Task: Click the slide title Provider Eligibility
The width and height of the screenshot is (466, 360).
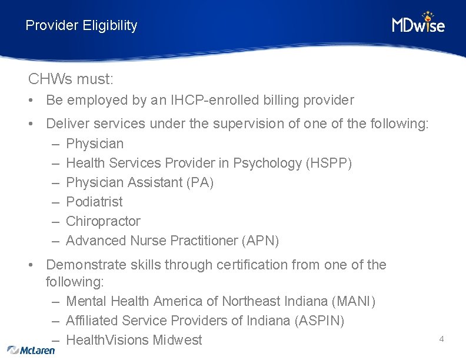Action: coord(81,26)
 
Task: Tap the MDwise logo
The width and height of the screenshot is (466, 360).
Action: coord(418,24)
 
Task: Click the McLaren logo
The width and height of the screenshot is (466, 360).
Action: coord(31,349)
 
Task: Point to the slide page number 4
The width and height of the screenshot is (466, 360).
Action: coord(441,339)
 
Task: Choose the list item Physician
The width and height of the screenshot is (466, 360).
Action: coord(95,144)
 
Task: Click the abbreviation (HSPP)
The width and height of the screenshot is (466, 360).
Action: coord(329,163)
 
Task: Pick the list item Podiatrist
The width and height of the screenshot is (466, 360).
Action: coord(94,202)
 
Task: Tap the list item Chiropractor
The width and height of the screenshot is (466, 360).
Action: coord(103,221)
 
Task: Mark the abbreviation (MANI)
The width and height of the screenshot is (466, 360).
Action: coord(354,301)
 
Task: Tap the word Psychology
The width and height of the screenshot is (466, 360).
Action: coord(268,163)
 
